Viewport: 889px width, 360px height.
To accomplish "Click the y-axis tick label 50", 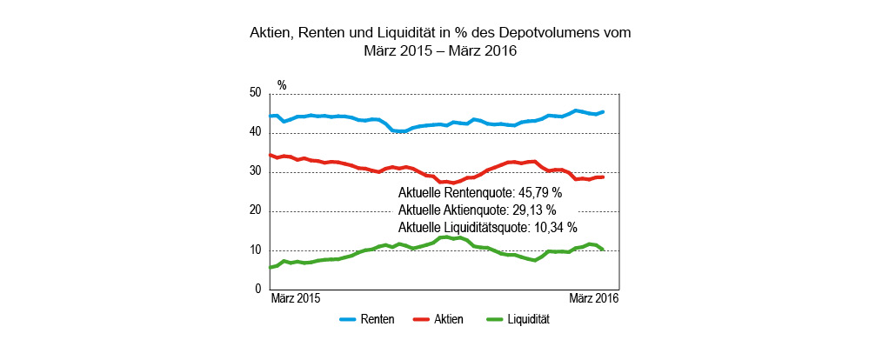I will coord(255,93).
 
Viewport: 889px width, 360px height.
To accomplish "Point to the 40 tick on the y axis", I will coord(255,132).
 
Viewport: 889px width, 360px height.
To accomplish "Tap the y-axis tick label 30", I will coord(255,171).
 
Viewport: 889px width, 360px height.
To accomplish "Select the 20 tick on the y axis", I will coord(255,210).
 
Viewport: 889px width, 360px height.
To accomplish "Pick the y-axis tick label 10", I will coord(255,250).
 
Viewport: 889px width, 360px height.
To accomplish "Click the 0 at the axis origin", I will coord(258,289).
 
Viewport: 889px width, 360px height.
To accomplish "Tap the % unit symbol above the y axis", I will coord(282,85).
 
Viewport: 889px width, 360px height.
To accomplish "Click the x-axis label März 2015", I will coord(296,298).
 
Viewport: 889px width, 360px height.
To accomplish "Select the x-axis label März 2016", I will coord(593,298).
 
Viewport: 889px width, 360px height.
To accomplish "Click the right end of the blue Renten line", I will coord(604,111).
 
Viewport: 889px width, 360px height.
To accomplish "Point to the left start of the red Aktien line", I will coord(271,155).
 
